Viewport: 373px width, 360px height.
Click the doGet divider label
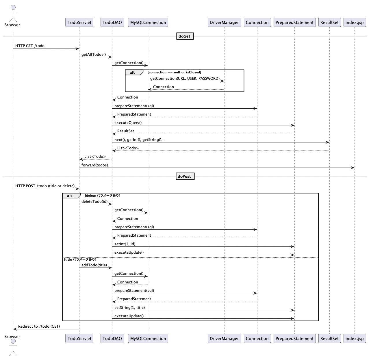coord(185,36)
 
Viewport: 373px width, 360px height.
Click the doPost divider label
coord(185,176)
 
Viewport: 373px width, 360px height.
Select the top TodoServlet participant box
coord(79,23)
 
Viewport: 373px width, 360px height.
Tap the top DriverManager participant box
coord(224,23)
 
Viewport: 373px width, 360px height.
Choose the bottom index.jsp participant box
coord(355,339)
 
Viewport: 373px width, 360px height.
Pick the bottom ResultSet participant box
coord(329,339)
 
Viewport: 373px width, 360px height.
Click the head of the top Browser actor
coord(13,7)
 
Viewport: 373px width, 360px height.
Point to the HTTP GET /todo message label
coord(30,46)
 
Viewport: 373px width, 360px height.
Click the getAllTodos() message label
coord(94,54)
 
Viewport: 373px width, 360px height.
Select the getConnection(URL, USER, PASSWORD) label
coord(185,78)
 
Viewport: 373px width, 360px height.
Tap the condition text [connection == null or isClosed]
coord(175,72)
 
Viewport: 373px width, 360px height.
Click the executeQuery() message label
coord(128,123)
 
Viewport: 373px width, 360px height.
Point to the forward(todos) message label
coord(95,165)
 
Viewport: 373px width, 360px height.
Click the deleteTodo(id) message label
coord(94,201)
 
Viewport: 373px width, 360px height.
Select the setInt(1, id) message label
coord(125,244)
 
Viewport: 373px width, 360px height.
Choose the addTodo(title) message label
coord(94,265)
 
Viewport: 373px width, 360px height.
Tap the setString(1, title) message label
coord(129,308)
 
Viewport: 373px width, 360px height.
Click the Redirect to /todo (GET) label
coord(39,326)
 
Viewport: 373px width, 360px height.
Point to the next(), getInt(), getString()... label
coord(140,140)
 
